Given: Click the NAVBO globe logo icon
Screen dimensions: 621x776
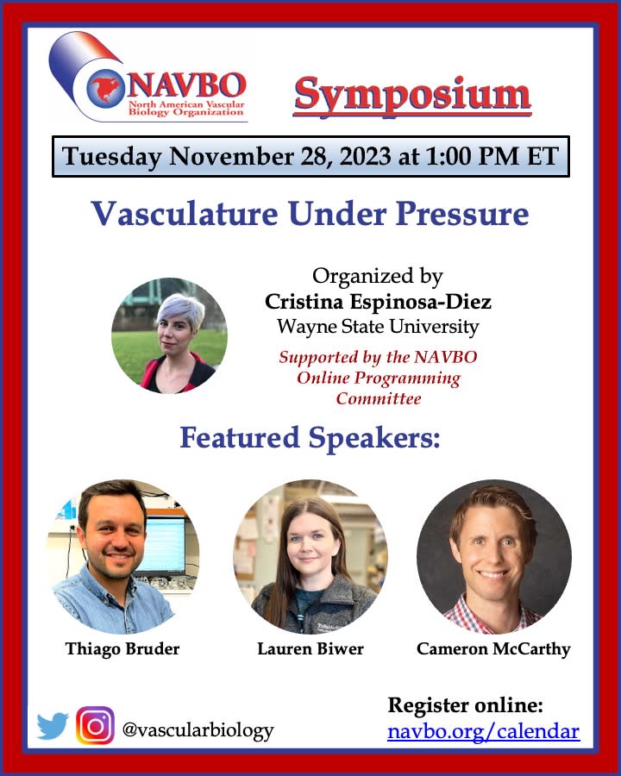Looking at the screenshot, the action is tap(104, 89).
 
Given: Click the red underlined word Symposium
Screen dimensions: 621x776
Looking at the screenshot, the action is tap(412, 95).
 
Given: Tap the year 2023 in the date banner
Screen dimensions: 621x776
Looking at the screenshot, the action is tap(359, 156).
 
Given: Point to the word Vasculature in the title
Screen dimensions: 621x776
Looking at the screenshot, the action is tap(185, 215).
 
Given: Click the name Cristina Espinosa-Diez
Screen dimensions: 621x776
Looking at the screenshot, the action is tap(378, 302).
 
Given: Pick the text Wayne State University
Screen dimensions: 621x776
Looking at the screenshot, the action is tap(378, 327).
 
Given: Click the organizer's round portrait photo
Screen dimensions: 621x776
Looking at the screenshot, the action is tap(169, 335).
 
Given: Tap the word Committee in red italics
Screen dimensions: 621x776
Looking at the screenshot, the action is tap(379, 398).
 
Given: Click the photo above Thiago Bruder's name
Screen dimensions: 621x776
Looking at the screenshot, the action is tap(122, 557).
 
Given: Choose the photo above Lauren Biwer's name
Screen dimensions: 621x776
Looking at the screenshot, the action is tap(310, 557).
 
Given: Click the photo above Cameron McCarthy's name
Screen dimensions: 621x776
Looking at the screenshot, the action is tap(494, 557).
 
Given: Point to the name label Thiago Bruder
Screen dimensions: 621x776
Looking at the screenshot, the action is tap(122, 648).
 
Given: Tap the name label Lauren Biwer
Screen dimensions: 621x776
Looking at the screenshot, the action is tap(310, 648).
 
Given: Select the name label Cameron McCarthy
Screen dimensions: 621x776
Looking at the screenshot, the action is tap(493, 649).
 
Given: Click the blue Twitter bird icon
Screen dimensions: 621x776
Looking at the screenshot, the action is tap(53, 726).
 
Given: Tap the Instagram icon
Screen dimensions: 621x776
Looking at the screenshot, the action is tap(95, 725).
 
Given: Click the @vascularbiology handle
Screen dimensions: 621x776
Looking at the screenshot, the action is tap(198, 730).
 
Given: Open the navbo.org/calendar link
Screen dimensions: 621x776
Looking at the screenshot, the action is tap(483, 731).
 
